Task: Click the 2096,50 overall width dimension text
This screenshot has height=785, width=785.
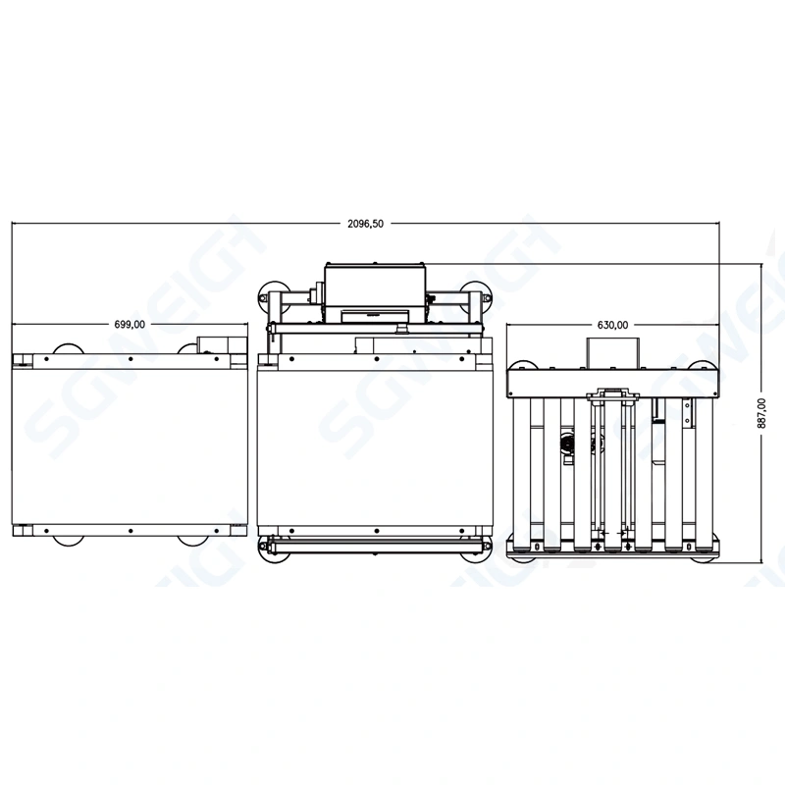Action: point(365,224)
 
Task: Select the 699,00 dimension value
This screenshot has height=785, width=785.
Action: point(130,324)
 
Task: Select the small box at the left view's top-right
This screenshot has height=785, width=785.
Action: point(214,343)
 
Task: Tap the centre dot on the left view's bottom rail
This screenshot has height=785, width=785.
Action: point(130,531)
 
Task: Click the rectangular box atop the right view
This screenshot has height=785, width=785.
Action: point(612,353)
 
